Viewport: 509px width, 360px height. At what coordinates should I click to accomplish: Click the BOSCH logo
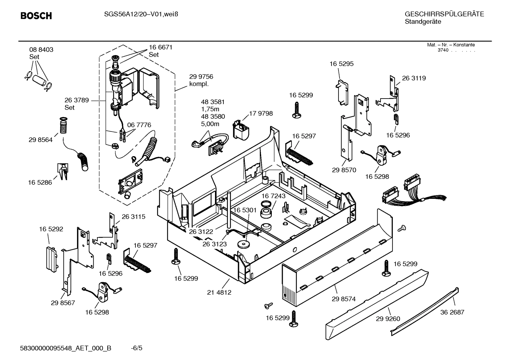[36, 16]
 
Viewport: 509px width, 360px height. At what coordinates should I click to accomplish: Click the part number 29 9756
[201, 77]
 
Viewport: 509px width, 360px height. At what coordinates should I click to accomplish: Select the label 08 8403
[41, 50]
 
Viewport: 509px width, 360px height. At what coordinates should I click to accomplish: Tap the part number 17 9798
[261, 113]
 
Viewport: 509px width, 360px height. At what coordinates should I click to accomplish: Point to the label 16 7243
[274, 196]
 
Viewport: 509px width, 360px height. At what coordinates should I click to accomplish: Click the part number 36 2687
[452, 312]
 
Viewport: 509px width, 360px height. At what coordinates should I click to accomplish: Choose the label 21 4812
[219, 292]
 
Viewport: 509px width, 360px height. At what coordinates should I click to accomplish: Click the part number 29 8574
[343, 299]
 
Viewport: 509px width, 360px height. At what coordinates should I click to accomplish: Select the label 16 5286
[40, 183]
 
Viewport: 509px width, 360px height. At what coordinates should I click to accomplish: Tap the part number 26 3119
[414, 78]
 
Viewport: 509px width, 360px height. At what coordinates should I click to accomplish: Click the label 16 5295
[341, 64]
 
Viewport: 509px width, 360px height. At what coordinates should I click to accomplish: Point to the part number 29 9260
[388, 319]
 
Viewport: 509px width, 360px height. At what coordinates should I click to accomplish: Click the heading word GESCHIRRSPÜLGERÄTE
[444, 14]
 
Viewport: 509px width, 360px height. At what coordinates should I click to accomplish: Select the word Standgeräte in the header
[423, 22]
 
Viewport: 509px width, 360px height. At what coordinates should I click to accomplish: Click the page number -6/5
[136, 348]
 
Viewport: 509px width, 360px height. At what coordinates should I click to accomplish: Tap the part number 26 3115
[133, 217]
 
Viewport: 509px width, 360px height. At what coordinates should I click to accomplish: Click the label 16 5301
[245, 210]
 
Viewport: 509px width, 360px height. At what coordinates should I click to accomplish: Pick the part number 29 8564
[41, 140]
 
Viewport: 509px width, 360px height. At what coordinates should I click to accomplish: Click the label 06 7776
[139, 125]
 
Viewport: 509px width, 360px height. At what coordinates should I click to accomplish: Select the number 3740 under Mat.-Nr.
[443, 50]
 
